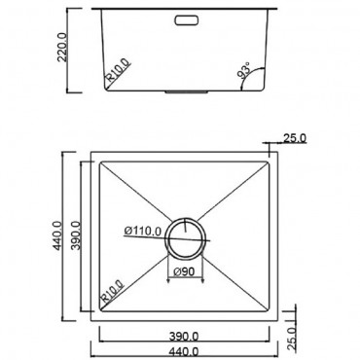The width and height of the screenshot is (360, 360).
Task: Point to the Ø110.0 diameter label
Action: pos(143,231)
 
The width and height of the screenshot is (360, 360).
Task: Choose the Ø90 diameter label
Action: pos(185,271)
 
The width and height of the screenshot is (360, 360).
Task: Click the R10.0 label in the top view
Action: pos(109,291)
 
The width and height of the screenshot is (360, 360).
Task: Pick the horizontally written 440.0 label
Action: pos(185,351)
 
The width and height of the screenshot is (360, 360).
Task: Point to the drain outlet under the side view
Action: pos(184,93)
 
